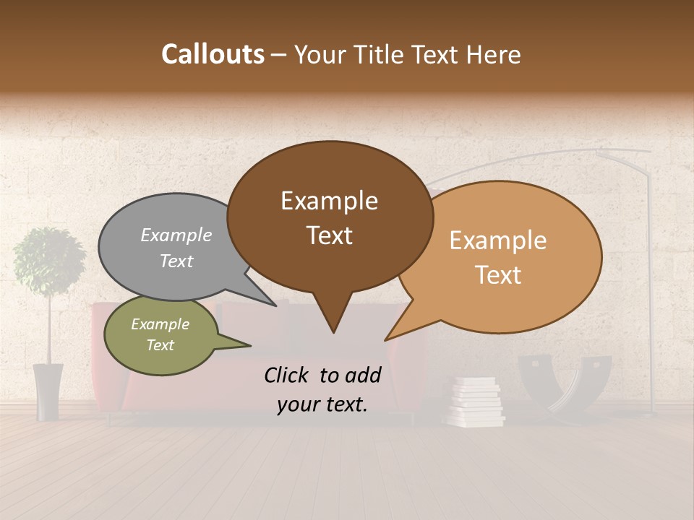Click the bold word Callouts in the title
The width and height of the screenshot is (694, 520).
coord(213,54)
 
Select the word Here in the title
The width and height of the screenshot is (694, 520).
coord(492,54)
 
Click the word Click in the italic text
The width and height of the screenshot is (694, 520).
coord(287,375)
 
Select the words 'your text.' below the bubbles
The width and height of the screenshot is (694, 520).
coord(322,404)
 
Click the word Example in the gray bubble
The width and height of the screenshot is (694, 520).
coord(176,235)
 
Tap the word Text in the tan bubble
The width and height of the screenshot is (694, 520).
coord(499,275)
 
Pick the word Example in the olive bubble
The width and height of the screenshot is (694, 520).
coord(160,324)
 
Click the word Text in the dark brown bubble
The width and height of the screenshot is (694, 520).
coord(330,235)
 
